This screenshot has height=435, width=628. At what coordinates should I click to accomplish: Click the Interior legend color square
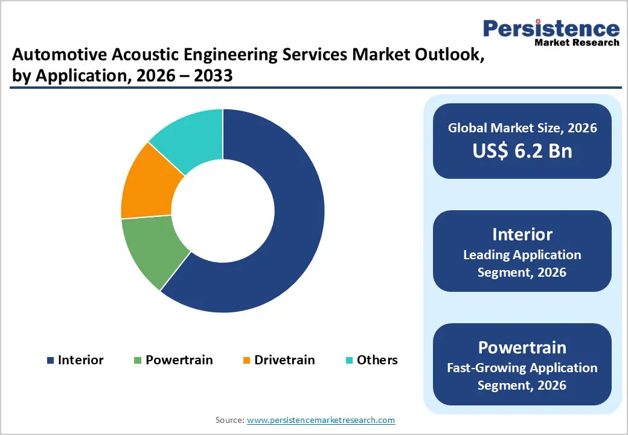50,361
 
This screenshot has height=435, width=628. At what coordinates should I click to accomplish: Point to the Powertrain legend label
179,360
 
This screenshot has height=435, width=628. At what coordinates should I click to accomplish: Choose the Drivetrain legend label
284,360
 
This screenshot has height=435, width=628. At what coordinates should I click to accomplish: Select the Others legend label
377,360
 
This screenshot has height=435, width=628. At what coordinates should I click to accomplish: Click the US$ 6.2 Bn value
522,150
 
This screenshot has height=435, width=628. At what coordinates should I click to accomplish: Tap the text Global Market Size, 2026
522,127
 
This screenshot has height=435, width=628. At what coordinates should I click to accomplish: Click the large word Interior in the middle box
522,234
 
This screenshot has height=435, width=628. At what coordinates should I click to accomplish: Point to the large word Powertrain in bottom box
522,347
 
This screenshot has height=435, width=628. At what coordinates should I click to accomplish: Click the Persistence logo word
551,28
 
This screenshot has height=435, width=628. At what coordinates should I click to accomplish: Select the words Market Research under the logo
577,42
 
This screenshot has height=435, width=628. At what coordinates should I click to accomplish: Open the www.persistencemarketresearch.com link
321,420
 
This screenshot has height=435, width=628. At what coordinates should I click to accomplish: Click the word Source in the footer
229,420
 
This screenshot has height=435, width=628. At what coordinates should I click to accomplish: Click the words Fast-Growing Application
522,367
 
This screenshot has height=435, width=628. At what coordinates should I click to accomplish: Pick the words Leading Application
522,255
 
